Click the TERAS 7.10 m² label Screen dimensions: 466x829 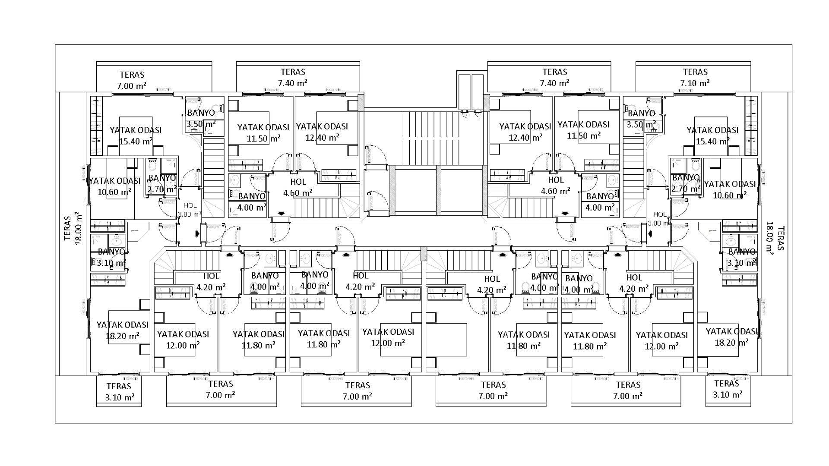pos(695,77)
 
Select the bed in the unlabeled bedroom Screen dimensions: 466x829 pos(446,340)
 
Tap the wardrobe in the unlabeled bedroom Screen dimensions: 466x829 pos(445,294)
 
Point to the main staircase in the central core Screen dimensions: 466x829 pos(421,138)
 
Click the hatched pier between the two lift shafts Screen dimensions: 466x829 pos(438,190)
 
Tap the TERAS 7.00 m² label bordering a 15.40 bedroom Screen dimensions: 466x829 pos(132,80)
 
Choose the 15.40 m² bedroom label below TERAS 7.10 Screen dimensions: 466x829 pos(712,135)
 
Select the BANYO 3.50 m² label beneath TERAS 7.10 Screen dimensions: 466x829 pos(641,119)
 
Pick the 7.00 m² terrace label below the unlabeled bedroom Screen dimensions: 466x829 pos(493,390)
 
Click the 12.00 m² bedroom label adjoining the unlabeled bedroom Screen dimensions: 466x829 pos(388,337)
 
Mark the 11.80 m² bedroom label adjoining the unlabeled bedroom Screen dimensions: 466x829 pos(523,340)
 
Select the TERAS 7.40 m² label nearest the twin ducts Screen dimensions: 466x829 pos(554,77)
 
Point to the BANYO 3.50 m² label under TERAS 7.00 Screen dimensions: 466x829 pos(201,119)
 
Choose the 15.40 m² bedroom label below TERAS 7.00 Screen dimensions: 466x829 pos(136,135)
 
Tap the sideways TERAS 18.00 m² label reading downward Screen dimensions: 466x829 pos(775,238)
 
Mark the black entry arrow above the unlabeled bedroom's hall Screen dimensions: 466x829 pos(502,254)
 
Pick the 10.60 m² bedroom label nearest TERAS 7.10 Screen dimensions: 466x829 pos(730,189)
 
